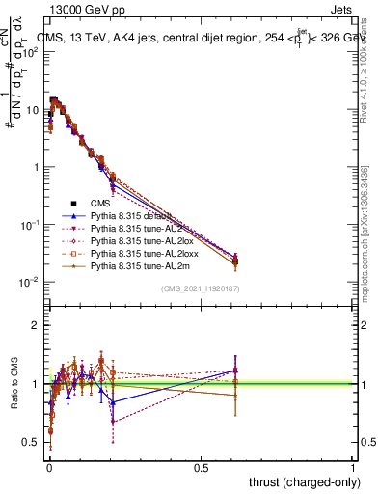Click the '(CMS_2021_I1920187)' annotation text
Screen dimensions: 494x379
coord(201,288)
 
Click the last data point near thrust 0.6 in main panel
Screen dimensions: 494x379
coord(235,259)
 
